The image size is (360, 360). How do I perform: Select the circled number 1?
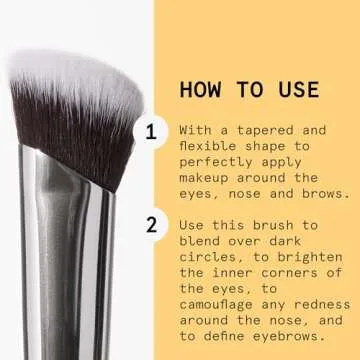pyautogui.click(x=151, y=131)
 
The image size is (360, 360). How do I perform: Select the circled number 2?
pyautogui.click(x=151, y=224)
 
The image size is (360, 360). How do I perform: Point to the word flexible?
pyautogui.click(x=214, y=147)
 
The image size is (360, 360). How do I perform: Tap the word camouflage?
pyautogui.click(x=222, y=306)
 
